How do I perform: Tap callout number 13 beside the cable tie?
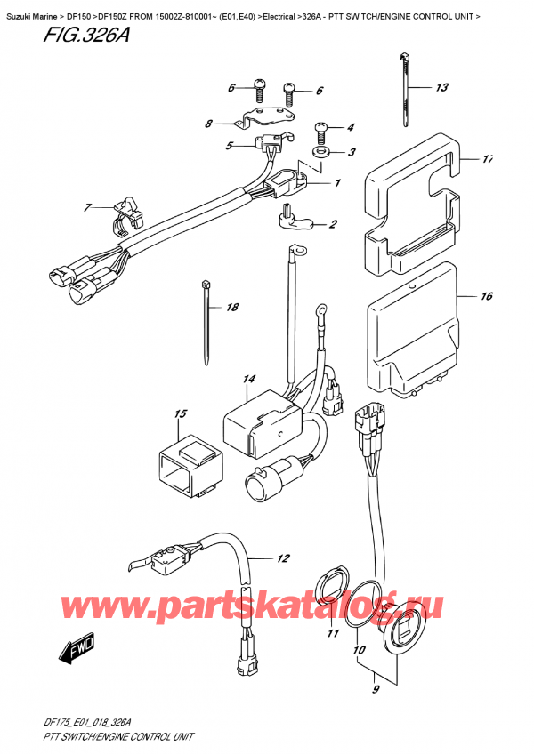click(x=442, y=88)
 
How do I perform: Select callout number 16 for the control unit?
click(x=486, y=297)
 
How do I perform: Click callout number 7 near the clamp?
click(x=88, y=208)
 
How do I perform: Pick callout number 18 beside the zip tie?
click(x=232, y=308)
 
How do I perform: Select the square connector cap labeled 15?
click(x=186, y=461)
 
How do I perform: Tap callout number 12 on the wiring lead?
click(x=282, y=559)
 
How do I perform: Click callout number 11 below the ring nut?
click(x=334, y=634)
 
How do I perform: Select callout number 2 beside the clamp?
click(x=333, y=224)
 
